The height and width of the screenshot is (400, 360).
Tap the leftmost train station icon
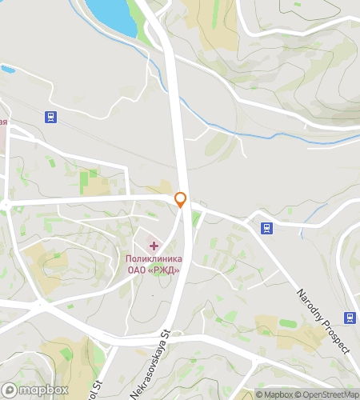(x=51, y=117)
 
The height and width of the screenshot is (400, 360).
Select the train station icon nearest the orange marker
(x=266, y=228)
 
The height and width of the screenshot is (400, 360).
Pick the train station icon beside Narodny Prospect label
(x=350, y=318)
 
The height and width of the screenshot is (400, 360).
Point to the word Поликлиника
(x=154, y=258)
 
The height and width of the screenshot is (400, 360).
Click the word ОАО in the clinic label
(x=138, y=270)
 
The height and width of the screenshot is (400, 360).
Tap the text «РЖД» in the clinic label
(x=164, y=270)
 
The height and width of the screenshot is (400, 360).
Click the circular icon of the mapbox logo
(x=10, y=390)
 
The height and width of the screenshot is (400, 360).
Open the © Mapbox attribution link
(x=274, y=394)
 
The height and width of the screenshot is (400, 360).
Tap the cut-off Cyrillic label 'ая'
(x=4, y=122)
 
